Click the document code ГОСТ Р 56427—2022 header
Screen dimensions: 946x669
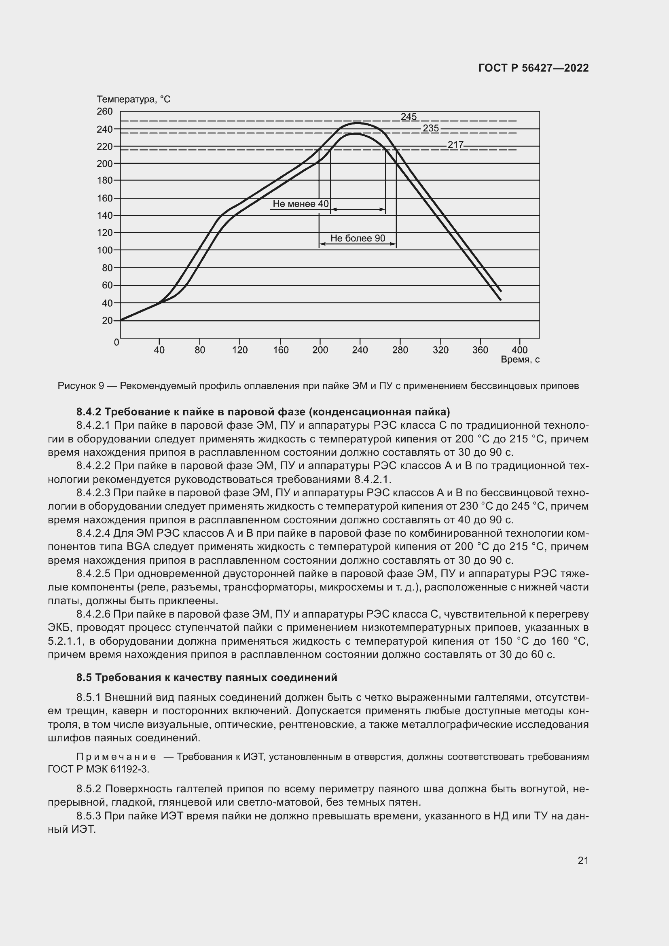pyautogui.click(x=534, y=68)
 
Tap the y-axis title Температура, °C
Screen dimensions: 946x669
pyautogui.click(x=133, y=99)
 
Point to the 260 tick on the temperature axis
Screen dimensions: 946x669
pyautogui.click(x=104, y=111)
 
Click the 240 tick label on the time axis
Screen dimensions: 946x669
pyautogui.click(x=360, y=350)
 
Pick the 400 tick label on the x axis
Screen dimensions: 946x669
pyautogui.click(x=519, y=350)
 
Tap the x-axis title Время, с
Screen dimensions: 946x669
pyautogui.click(x=520, y=360)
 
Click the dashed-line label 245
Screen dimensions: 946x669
pyautogui.click(x=409, y=116)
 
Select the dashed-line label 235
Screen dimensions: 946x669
pyautogui.click(x=430, y=128)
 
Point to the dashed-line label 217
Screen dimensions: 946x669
pyautogui.click(x=455, y=145)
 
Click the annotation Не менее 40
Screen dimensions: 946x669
pyautogui.click(x=300, y=204)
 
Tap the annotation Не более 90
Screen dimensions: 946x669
pyautogui.click(x=358, y=238)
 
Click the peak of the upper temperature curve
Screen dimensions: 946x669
pyautogui.click(x=356, y=123)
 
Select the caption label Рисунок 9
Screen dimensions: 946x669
pyautogui.click(x=81, y=386)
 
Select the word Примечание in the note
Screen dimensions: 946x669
pyautogui.click(x=116, y=757)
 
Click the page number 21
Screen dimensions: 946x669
pyautogui.click(x=583, y=861)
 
